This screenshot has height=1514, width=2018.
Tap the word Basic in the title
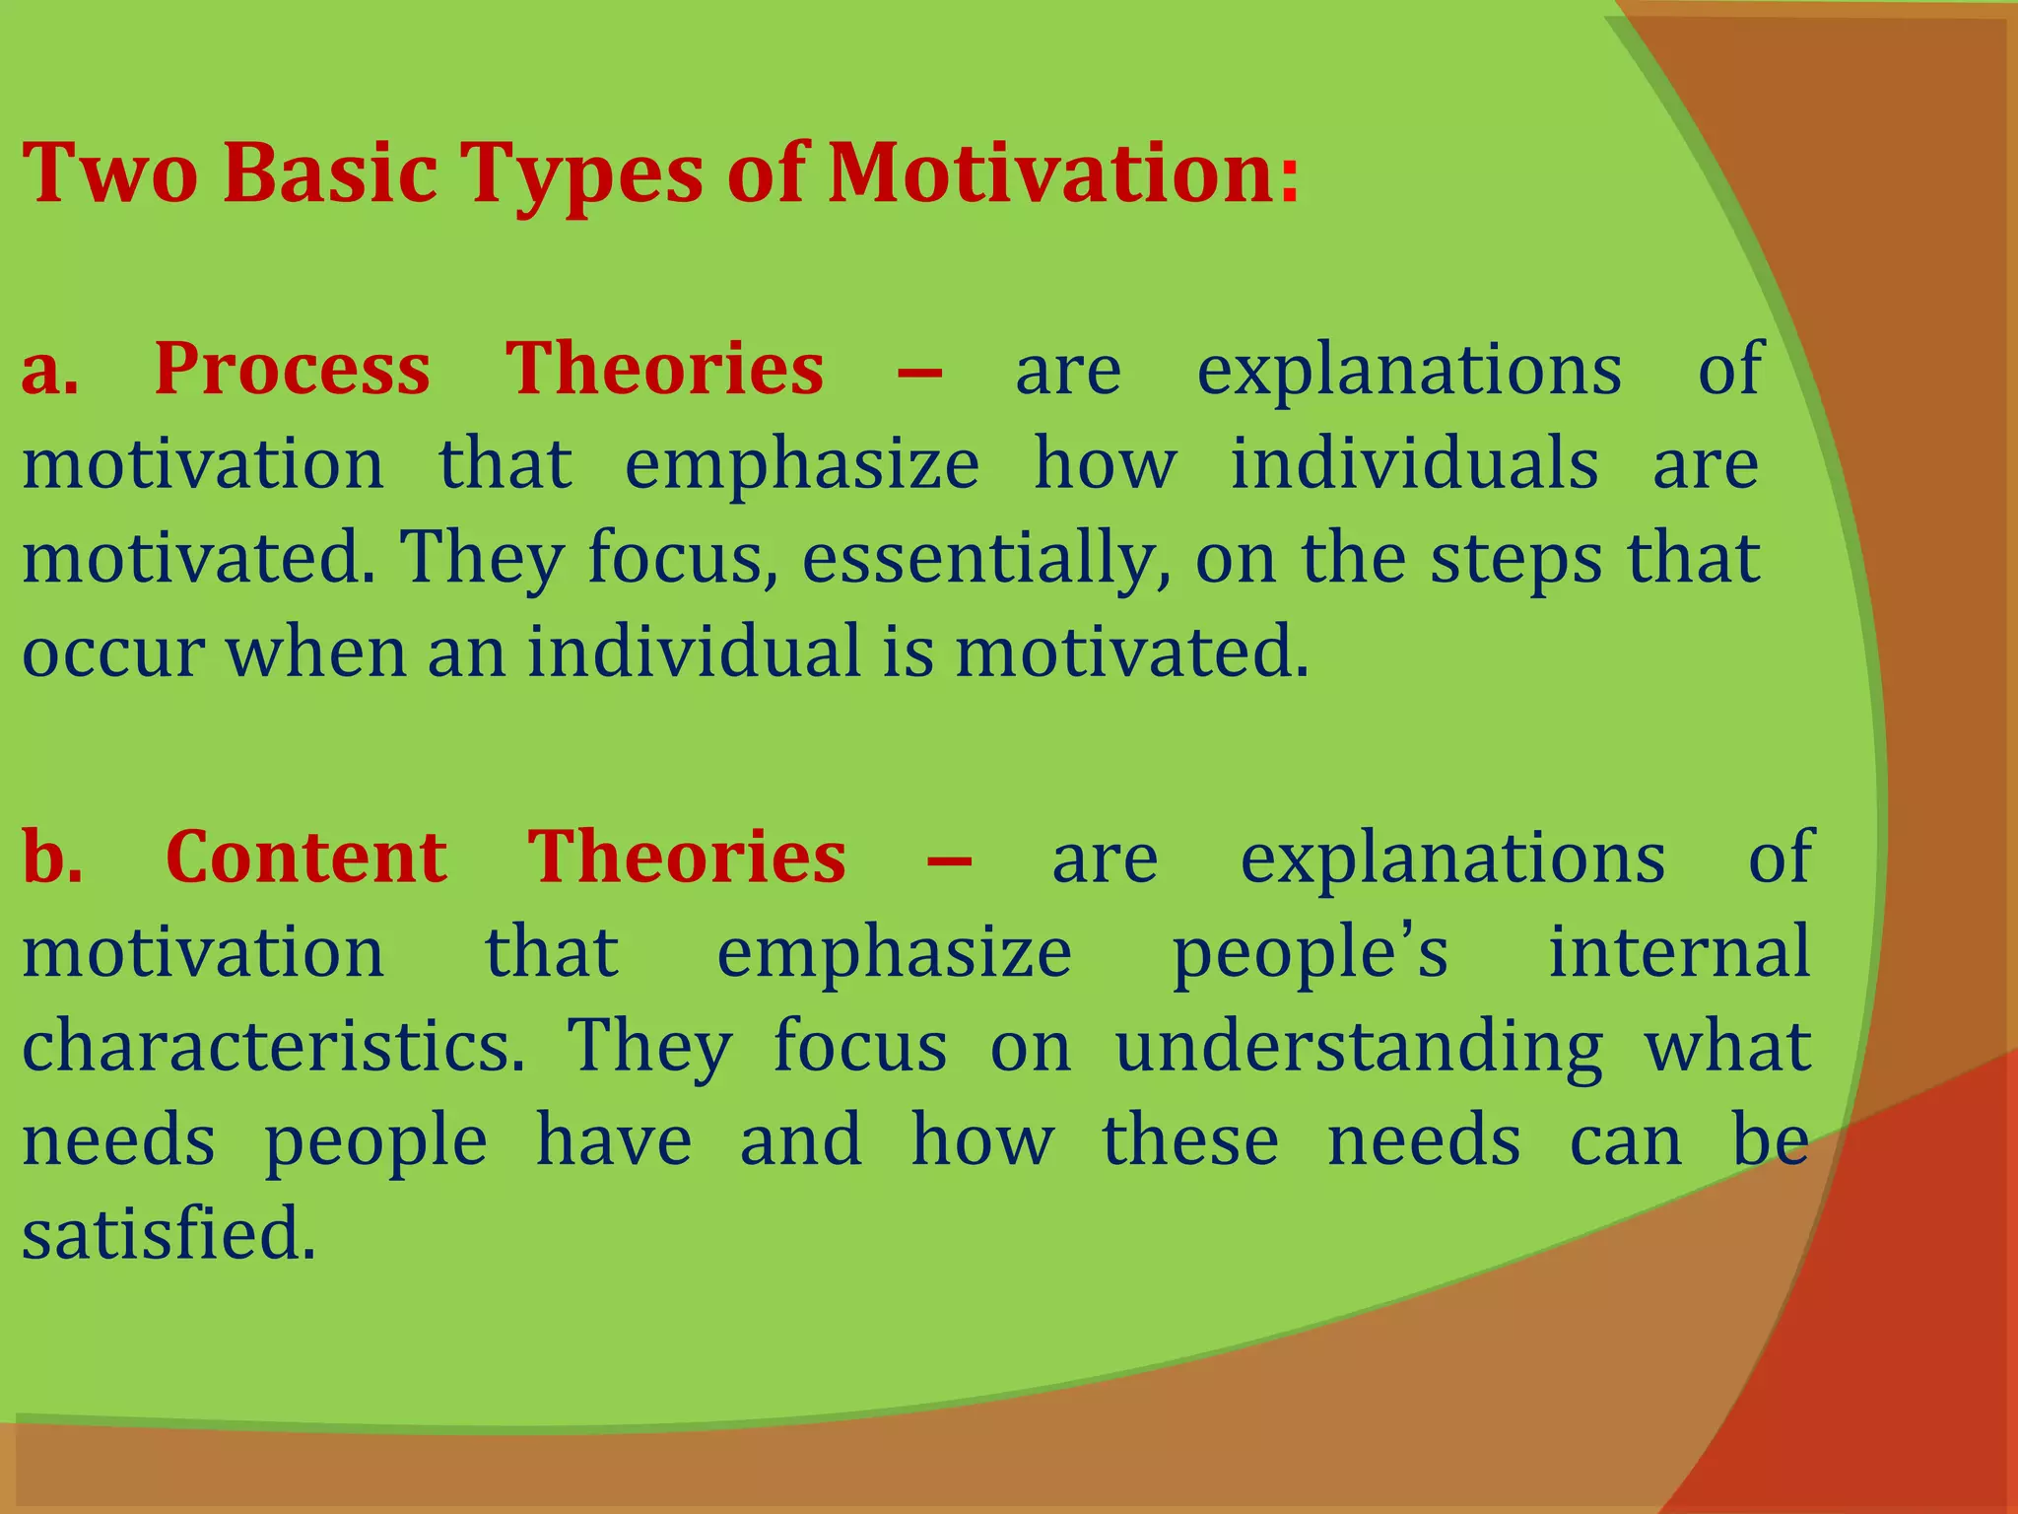(330, 174)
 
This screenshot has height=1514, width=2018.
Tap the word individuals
(1414, 463)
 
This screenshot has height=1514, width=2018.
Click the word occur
(112, 654)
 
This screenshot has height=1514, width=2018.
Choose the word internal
(1679, 952)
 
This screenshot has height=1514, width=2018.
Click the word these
(1190, 1141)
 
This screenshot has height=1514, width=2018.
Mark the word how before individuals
(1105, 463)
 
